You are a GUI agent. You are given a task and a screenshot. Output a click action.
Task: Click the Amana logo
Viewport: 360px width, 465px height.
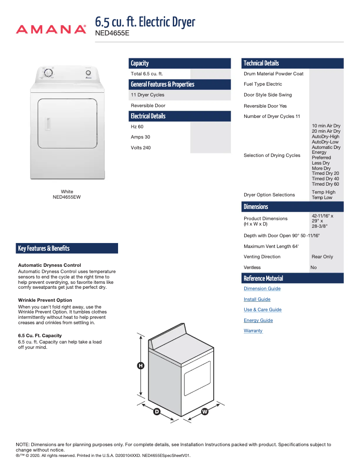pos(51,30)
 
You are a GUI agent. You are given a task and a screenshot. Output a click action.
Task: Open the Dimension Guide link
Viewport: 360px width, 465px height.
pos(262,289)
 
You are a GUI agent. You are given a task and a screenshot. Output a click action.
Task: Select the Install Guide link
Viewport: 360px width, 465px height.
pos(257,300)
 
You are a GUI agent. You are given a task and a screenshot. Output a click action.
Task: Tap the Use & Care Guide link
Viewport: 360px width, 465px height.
pos(263,310)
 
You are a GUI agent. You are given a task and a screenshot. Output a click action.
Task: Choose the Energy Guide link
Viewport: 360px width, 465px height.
pos(258,321)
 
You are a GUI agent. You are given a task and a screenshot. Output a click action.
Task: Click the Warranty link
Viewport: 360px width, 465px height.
pos(253,331)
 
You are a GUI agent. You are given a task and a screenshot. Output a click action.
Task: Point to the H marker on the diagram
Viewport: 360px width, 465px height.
pos(140,366)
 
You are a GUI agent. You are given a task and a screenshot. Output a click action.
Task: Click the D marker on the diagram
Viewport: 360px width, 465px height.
pos(157,412)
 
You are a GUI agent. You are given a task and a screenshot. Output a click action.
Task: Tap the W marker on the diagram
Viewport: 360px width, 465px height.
pos(205,412)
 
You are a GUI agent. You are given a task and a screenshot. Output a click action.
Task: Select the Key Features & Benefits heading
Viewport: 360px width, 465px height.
pos(44,248)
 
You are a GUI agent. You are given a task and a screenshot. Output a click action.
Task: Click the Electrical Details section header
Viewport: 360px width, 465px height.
pos(148,116)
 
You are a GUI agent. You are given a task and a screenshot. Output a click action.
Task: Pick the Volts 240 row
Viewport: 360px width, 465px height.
pos(140,148)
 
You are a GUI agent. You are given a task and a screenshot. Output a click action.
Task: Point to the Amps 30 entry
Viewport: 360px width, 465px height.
pos(140,137)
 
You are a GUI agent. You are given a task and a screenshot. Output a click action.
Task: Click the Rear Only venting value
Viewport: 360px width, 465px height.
pos(322,257)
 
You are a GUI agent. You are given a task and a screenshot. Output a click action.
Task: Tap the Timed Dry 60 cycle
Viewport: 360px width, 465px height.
pos(325,184)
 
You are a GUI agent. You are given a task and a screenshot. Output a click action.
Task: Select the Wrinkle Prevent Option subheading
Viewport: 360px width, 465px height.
pos(45,300)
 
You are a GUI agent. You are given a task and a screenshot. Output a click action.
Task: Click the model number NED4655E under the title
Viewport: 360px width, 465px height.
pos(112,33)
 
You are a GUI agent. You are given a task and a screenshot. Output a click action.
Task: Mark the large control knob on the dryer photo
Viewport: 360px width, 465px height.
pos(48,73)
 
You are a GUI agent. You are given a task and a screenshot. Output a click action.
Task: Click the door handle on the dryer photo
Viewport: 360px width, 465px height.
pos(47,124)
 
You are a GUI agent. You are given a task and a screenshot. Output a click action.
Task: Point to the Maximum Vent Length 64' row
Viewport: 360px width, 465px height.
pos(271,247)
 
